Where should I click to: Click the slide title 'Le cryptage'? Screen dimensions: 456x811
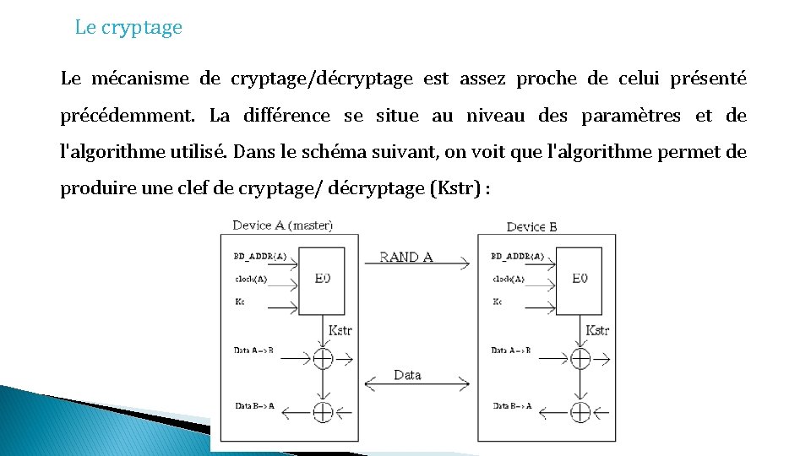click(128, 27)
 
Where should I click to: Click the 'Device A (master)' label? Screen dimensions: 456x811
click(282, 225)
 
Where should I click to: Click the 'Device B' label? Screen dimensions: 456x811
click(531, 226)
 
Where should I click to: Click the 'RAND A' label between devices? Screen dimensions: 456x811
click(406, 257)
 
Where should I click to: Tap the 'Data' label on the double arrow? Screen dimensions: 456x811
click(407, 375)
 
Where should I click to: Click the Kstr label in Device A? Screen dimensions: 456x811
click(340, 331)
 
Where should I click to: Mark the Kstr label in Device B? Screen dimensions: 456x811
click(597, 331)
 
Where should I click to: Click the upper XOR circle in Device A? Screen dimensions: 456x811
click(323, 358)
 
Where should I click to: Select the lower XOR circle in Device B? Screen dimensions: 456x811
click(580, 412)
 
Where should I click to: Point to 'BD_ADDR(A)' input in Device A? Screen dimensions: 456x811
click(259, 256)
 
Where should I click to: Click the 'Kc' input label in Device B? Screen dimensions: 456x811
click(497, 301)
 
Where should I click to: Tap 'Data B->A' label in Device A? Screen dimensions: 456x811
click(253, 405)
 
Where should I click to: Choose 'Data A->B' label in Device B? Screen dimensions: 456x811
click(511, 350)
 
